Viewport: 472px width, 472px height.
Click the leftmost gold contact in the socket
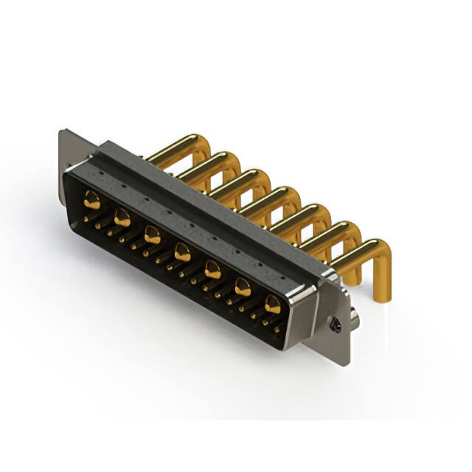(92, 198)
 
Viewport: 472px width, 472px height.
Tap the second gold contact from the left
(122, 217)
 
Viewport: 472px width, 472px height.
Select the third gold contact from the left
(152, 235)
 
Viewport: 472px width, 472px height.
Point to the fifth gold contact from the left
(212, 270)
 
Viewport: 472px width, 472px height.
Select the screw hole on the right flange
(335, 322)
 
